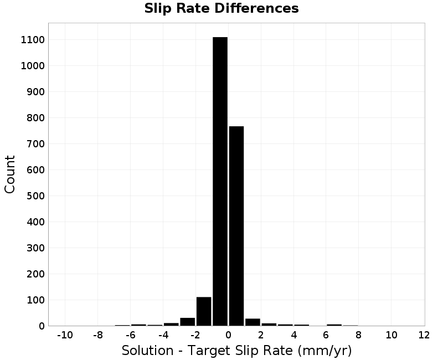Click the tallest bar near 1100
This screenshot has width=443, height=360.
coord(220,182)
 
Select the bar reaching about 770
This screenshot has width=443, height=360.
coord(236,226)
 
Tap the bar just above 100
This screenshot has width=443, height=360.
coord(204,311)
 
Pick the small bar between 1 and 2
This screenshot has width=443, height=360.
coord(253,322)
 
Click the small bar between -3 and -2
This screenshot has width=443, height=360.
coord(188,322)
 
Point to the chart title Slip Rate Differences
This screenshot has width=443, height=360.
coord(221,8)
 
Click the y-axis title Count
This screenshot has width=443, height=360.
coord(9,174)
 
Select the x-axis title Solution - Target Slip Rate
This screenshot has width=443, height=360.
coord(207,351)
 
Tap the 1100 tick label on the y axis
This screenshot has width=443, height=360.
coord(33,40)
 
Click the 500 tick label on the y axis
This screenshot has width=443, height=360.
coord(35,196)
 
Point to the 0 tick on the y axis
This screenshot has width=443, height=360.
coord(42,326)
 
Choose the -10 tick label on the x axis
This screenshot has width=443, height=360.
coord(65,335)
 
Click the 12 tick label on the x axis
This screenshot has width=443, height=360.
coord(424,335)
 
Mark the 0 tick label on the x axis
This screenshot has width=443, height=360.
coord(228,335)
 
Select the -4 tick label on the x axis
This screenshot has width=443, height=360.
coord(163,335)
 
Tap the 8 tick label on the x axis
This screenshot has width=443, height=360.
coord(358,335)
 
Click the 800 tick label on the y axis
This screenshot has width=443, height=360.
coord(35,118)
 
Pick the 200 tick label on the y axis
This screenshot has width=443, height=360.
coord(35,274)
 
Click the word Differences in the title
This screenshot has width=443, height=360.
coord(256,8)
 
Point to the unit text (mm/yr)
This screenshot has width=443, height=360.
coord(324,351)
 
